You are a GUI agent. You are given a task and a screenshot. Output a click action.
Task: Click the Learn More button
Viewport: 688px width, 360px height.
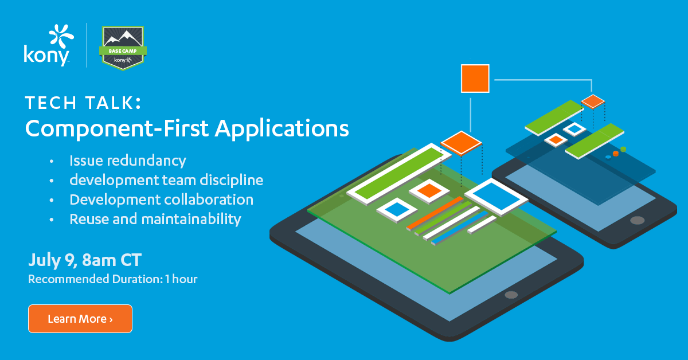tap(80, 319)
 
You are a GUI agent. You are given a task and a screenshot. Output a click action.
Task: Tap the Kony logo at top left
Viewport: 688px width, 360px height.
tap(49, 45)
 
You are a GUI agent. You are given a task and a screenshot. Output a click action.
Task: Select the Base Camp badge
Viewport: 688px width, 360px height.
tap(123, 48)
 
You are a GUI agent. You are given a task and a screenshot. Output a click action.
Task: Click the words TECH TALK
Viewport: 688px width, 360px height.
tap(83, 103)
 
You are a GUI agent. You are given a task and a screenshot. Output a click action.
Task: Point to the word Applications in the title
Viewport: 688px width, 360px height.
tap(282, 129)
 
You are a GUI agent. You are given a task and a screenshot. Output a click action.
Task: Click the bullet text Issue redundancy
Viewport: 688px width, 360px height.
tap(128, 161)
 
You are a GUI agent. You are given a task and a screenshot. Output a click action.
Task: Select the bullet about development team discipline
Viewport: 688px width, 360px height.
tap(166, 180)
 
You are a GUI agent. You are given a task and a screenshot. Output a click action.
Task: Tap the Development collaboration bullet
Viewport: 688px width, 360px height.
tap(162, 199)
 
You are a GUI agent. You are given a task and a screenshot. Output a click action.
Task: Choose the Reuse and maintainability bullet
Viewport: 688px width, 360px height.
tap(155, 220)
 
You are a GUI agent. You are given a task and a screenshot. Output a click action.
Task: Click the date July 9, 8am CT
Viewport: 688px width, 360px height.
tap(85, 260)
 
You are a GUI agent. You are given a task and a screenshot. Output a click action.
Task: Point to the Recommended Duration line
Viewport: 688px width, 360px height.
tap(113, 279)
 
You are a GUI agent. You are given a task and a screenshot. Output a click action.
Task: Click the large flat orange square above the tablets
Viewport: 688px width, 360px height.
tap(475, 79)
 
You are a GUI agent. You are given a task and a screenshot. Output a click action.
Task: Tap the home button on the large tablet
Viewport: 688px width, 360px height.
tap(511, 295)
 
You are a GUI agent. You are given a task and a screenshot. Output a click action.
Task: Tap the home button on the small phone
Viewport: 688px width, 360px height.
tap(638, 220)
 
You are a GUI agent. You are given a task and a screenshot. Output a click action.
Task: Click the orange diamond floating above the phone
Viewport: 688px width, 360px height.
tap(593, 101)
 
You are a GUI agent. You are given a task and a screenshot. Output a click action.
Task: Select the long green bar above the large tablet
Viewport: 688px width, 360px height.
tap(399, 174)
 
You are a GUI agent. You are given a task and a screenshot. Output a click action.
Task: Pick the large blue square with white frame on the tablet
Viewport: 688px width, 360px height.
tap(497, 197)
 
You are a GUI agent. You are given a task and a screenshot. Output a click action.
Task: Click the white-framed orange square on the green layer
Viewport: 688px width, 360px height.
tap(429, 191)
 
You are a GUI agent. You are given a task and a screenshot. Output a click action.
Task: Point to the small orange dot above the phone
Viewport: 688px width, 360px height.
tap(616, 154)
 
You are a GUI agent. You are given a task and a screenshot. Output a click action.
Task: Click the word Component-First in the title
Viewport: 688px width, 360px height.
tap(117, 129)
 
